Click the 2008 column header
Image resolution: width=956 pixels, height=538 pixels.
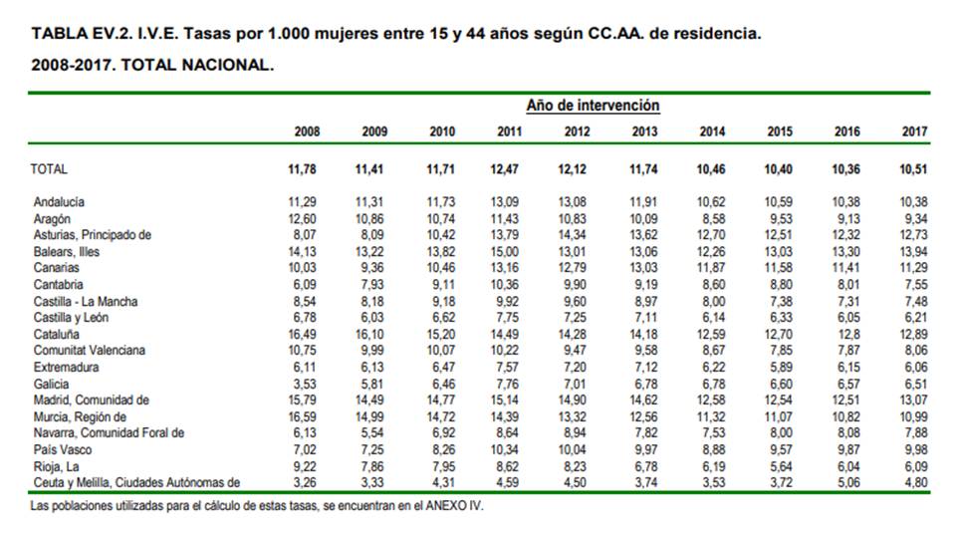pyautogui.click(x=307, y=133)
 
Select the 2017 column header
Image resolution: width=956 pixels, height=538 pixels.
pyautogui.click(x=914, y=133)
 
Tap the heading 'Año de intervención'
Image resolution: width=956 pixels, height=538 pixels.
pyautogui.click(x=593, y=106)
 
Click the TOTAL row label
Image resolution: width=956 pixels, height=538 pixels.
pyautogui.click(x=50, y=169)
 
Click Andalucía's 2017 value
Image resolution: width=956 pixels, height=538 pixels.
pyautogui.click(x=913, y=202)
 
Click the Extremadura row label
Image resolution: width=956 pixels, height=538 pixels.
pyautogui.click(x=65, y=367)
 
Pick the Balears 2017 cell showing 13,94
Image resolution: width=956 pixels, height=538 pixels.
pyautogui.click(x=913, y=251)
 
